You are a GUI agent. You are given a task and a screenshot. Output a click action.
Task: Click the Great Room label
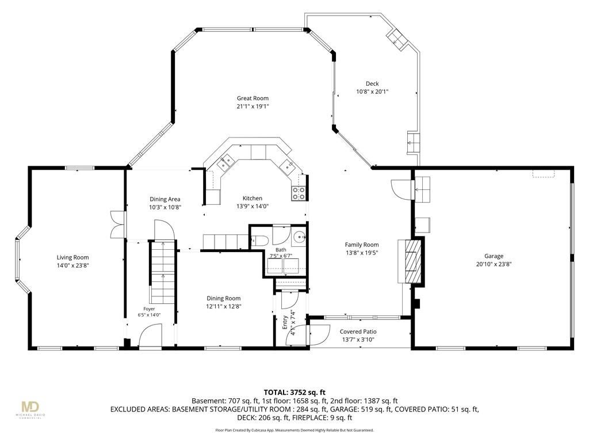point(253,98)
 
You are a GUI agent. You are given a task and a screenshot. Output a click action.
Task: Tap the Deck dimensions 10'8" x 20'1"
point(372,92)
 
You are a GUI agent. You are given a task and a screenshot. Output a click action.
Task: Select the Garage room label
point(494,256)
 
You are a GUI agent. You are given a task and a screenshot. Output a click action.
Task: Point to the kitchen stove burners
point(299,193)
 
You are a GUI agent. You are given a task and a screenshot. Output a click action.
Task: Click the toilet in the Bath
point(259,241)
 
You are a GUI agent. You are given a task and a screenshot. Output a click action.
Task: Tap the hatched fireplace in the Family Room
point(413,261)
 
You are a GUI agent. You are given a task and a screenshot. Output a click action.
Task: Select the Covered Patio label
point(358,331)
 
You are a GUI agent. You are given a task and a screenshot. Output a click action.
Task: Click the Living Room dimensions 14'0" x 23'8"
point(72,265)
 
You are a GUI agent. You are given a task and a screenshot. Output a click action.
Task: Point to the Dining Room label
point(224,299)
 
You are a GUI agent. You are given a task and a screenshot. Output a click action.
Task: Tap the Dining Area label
point(165,199)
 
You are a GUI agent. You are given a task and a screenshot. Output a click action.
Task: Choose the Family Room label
point(362,245)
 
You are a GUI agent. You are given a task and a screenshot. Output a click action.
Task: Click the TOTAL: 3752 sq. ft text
point(294,393)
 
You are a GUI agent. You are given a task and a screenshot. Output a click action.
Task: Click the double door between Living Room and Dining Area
point(117,224)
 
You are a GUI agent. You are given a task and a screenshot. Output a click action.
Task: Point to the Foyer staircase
point(163,272)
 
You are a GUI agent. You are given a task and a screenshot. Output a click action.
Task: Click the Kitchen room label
point(253,198)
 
